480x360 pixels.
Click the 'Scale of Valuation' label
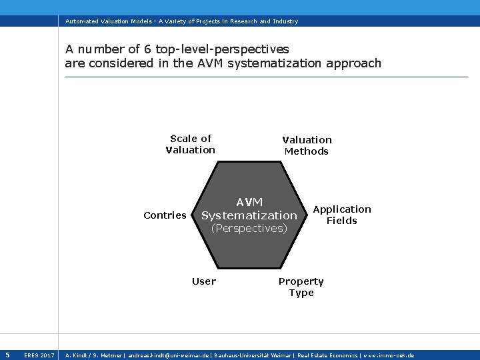tap(191, 144)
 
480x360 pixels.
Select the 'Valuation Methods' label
tap(307, 145)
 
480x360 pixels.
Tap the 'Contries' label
tap(165, 215)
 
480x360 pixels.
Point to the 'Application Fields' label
tap(342, 215)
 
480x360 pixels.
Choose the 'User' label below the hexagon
tap(204, 281)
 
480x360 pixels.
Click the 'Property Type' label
tap(301, 287)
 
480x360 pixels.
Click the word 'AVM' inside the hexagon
tap(249, 202)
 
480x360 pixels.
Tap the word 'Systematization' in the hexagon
tap(249, 215)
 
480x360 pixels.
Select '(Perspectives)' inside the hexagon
tap(249, 228)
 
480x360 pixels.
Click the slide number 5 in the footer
tap(7, 355)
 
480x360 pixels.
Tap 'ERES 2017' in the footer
tap(39, 355)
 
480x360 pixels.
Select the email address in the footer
tap(167, 355)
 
